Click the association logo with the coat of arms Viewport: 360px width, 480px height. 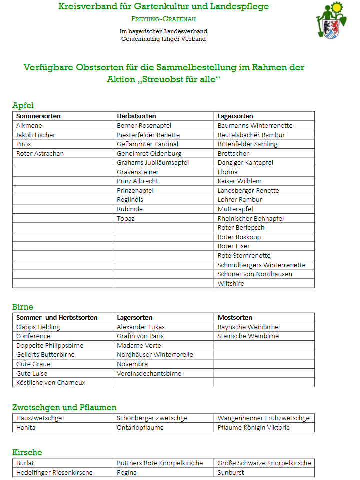pyautogui.click(x=331, y=20)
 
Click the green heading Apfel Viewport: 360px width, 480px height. pyautogui.click(x=23, y=105)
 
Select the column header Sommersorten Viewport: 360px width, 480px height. pyautogui.click(x=38, y=116)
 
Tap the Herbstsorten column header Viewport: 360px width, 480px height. pyautogui.click(x=136, y=116)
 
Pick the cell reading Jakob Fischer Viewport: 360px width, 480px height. pyautogui.click(x=36, y=135)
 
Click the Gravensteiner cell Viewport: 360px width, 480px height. pyautogui.click(x=138, y=172)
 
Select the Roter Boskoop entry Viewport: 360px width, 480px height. pyautogui.click(x=239, y=237)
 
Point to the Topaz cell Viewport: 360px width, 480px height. pyautogui.click(x=126, y=218)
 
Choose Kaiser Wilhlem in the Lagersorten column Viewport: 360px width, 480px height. pyautogui.click(x=240, y=181)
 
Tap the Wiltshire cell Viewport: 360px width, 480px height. pyautogui.click(x=231, y=283)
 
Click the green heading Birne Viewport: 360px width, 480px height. pyautogui.click(x=23, y=307)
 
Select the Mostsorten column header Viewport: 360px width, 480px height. pyautogui.click(x=235, y=317)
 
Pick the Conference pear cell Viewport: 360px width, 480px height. pyautogui.click(x=33, y=336)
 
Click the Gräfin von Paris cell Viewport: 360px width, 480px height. pyautogui.click(x=140, y=336)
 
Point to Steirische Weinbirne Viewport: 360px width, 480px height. pyautogui.click(x=248, y=336)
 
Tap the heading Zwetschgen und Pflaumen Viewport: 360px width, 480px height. pyautogui.click(x=64, y=407)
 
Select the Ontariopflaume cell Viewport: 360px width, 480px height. pyautogui.click(x=140, y=427)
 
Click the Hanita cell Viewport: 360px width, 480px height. pyautogui.click(x=26, y=427)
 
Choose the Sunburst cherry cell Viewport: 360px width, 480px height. pyautogui.click(x=231, y=472)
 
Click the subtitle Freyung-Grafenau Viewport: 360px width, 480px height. pyautogui.click(x=163, y=19)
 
